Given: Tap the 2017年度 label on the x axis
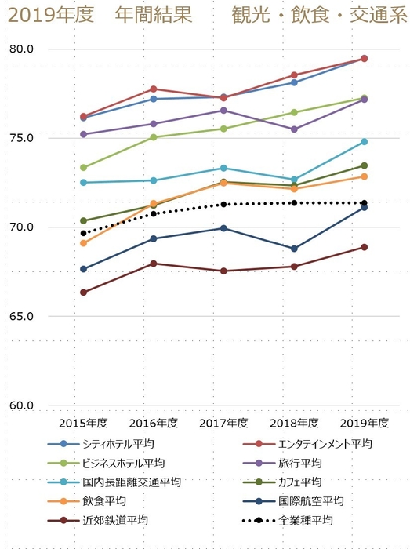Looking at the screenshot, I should pyautogui.click(x=223, y=424).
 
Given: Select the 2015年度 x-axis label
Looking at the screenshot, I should pyautogui.click(x=83, y=424).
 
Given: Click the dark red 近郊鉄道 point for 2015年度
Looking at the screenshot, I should pyautogui.click(x=83, y=293).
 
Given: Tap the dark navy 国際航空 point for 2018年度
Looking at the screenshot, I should pyautogui.click(x=294, y=249).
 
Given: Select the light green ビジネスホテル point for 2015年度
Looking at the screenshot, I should pyautogui.click(x=83, y=167).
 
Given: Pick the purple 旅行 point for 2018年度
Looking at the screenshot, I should pyautogui.click(x=294, y=129).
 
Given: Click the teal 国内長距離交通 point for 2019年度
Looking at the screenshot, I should pyautogui.click(x=365, y=141).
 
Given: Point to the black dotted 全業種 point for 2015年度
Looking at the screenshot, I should pyautogui.click(x=83, y=233).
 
